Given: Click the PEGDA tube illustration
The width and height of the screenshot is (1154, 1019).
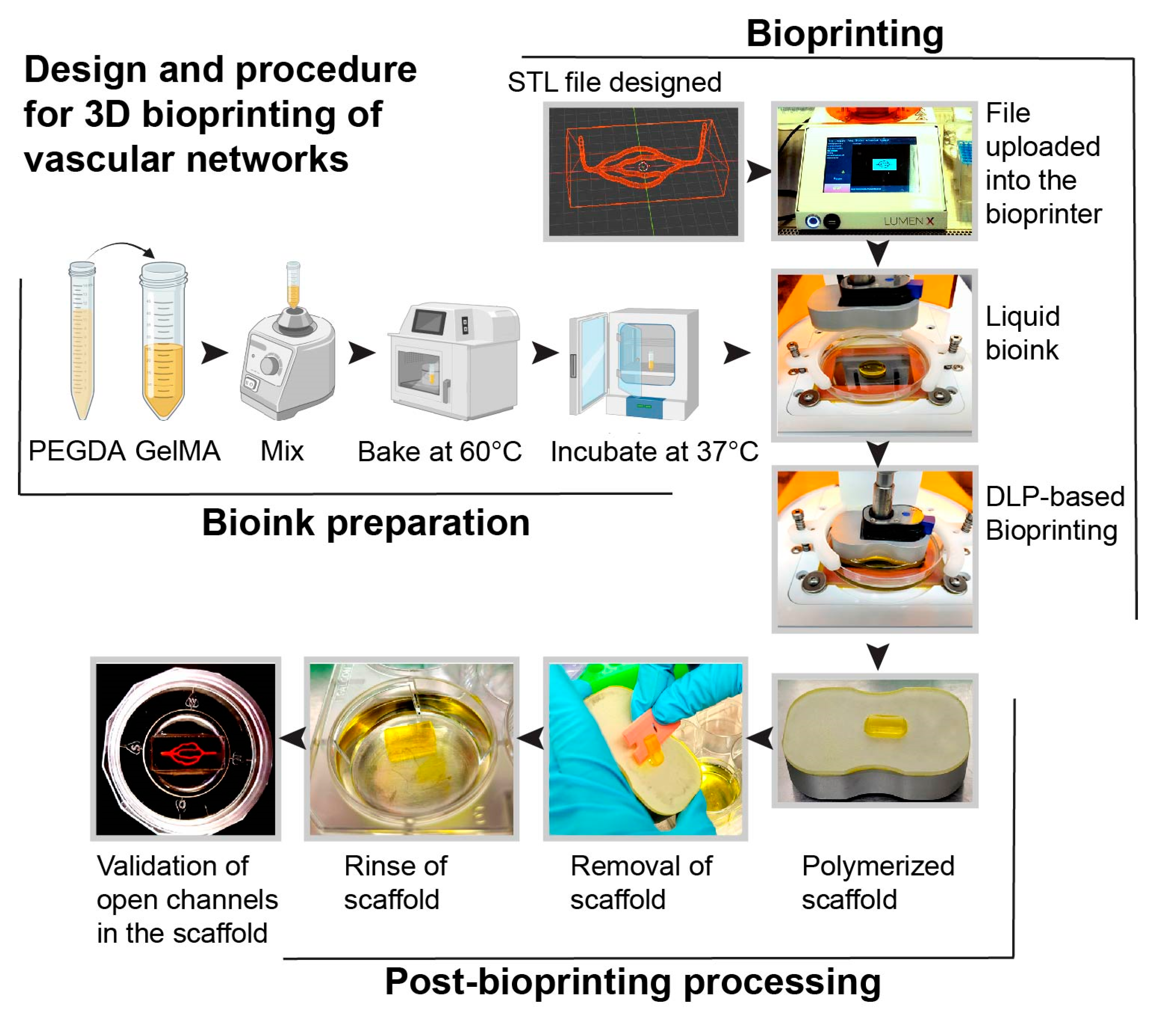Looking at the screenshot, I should click(x=82, y=342).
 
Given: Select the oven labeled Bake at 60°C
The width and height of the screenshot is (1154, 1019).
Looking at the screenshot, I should click(x=454, y=362).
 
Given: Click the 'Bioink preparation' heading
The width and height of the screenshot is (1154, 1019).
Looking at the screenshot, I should click(x=366, y=523).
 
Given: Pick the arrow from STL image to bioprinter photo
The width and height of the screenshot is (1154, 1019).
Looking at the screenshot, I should click(x=758, y=171).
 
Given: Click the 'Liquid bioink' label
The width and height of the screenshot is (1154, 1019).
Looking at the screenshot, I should click(x=1022, y=333).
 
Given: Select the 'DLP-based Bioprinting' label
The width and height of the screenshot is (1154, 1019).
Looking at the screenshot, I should click(x=1054, y=514).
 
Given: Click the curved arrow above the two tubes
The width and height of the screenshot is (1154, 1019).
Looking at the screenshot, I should click(x=121, y=248).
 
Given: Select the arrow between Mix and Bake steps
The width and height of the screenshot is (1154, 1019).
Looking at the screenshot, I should click(x=361, y=353).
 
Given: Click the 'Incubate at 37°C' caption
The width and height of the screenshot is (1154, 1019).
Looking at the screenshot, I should click(x=654, y=452).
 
